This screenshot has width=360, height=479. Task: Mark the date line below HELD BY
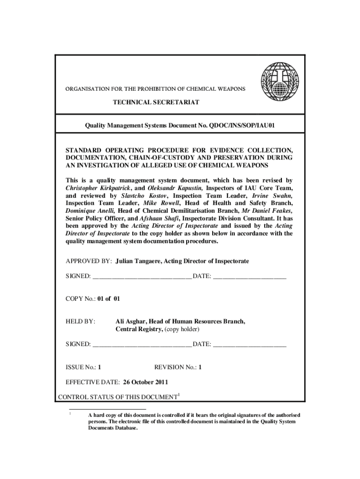point(250,345)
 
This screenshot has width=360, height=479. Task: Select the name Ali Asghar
point(131,322)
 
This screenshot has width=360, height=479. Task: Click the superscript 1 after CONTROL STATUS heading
point(179,395)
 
